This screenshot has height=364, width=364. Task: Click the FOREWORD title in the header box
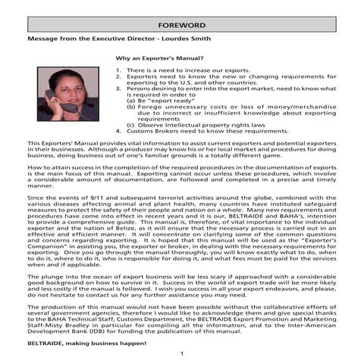181,25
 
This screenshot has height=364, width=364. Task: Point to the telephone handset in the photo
55,99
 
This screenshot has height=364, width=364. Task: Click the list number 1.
118,69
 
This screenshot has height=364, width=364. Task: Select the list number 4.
118,131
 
